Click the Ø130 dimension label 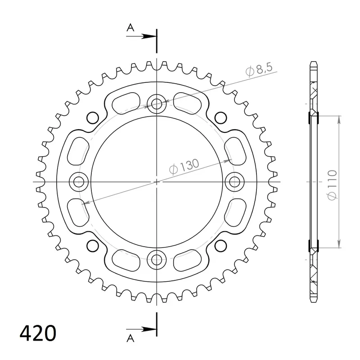click(184, 166)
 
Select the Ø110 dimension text click(332, 185)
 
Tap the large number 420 click(38, 333)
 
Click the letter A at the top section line click(130, 28)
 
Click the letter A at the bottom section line click(130, 338)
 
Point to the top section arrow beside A click(141, 36)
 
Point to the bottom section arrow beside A click(141, 329)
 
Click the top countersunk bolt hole click(157, 104)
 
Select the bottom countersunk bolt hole click(157, 260)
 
